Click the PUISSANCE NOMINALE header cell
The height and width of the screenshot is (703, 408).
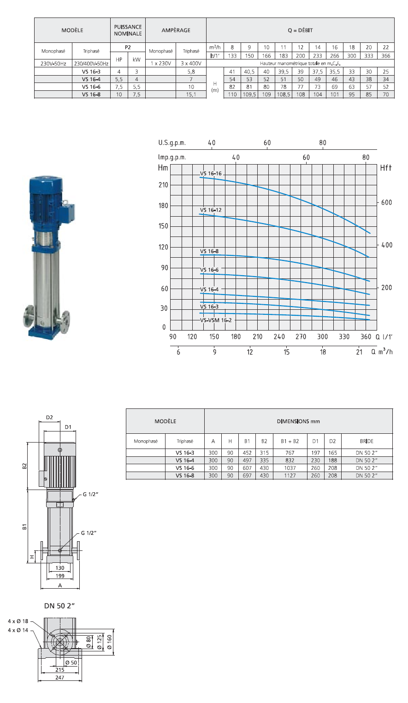[128, 30]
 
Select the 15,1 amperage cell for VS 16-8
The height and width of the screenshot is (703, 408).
[191, 95]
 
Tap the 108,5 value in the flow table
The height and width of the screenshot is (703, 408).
[284, 95]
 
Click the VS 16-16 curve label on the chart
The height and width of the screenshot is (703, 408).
[211, 173]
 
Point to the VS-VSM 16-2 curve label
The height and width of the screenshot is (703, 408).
[216, 320]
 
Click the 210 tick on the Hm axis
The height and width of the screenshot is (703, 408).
[164, 185]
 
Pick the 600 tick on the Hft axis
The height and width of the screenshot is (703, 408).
[387, 202]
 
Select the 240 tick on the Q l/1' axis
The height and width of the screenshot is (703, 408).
[279, 337]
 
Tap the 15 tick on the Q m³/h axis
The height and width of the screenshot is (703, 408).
[287, 352]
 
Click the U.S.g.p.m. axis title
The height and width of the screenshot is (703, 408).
[172, 143]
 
